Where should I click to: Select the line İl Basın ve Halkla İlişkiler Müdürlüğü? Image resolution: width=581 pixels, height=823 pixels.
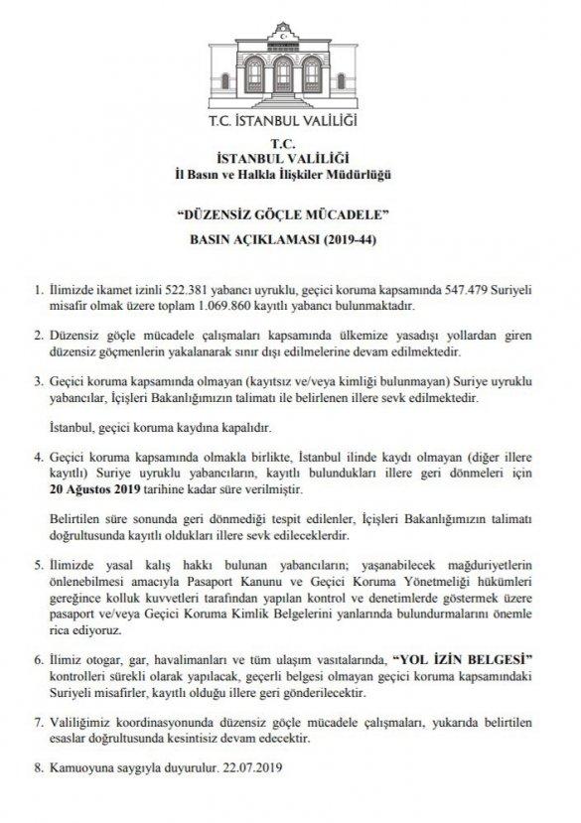291,176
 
